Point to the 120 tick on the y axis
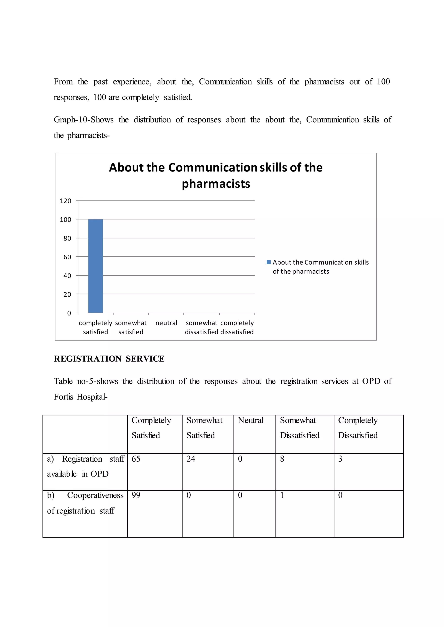coord(66,201)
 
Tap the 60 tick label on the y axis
coord(67,257)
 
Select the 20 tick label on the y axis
coord(67,294)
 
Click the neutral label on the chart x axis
coord(166,323)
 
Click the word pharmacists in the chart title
coord(216,184)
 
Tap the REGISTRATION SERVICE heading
coord(109,359)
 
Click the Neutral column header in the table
coord(251,420)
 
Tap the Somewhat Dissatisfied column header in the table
coord(300,428)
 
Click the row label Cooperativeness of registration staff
coord(85,503)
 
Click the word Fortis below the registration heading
coord(64,396)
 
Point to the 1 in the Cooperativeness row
coord(282,495)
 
